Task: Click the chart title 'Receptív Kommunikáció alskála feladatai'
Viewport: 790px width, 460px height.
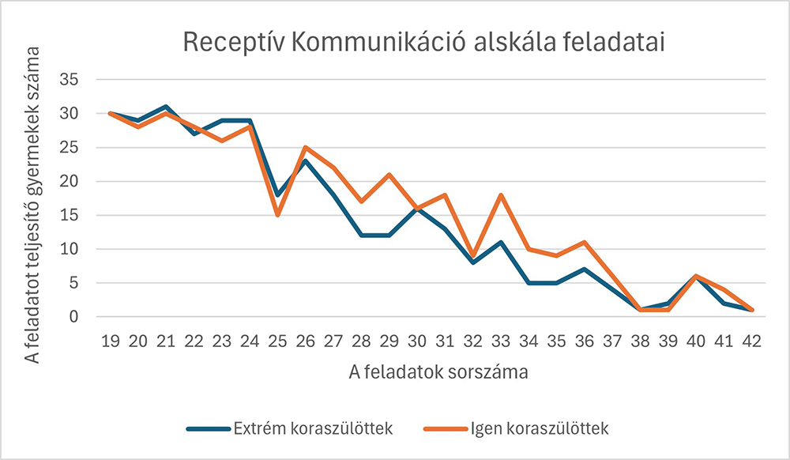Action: point(423,42)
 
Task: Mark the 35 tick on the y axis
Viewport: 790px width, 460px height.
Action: point(76,80)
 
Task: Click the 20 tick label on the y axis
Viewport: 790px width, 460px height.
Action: point(76,182)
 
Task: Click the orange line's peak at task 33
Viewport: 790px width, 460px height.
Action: point(501,194)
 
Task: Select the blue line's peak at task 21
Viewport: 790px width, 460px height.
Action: point(167,107)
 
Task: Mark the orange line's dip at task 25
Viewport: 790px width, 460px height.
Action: point(278,215)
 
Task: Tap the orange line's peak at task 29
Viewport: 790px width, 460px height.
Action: point(389,175)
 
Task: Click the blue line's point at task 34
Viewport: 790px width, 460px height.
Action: point(529,283)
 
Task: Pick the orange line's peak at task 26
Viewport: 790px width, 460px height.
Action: point(306,147)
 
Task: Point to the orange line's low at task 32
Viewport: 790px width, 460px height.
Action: point(472,255)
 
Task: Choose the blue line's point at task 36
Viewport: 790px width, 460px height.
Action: point(585,270)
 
